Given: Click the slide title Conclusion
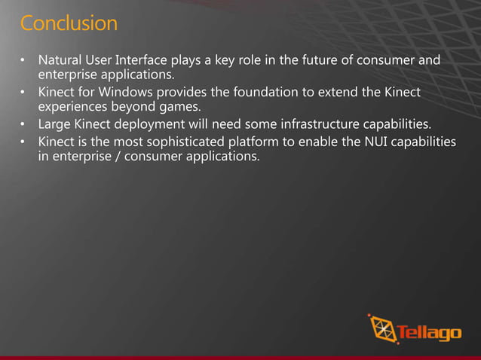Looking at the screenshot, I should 69,23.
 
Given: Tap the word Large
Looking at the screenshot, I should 54,124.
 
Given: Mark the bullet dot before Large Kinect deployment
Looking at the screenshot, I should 23,124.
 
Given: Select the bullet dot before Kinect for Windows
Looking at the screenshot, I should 23,93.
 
